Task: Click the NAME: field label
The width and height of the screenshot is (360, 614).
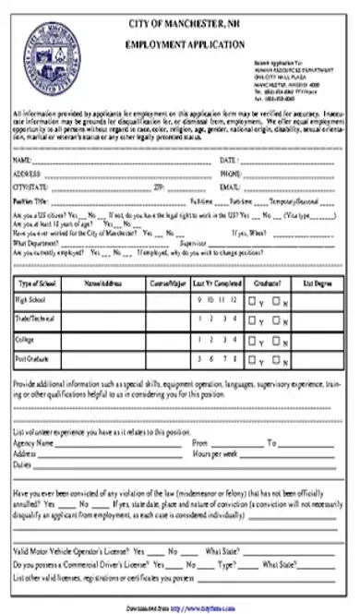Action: [x=25, y=161]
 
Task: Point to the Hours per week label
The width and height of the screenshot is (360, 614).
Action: [x=215, y=454]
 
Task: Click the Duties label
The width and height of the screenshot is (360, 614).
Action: [x=23, y=466]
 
